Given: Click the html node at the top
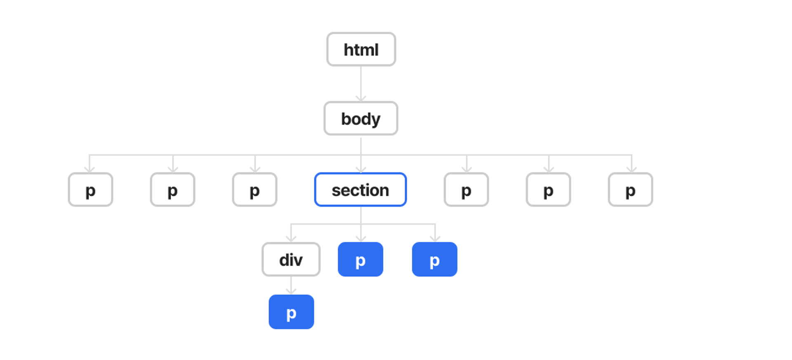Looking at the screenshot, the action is click(361, 49).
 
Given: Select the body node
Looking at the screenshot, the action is click(361, 118).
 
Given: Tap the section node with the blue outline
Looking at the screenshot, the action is click(361, 190).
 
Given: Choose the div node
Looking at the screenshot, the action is click(291, 259).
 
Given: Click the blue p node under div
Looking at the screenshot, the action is click(291, 312).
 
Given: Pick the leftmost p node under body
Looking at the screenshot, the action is click(90, 190).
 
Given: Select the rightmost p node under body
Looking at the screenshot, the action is click(630, 190).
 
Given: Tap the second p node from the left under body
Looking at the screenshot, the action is click(172, 190).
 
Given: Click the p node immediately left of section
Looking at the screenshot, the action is click(255, 190).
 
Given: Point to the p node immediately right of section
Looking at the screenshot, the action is click(466, 190).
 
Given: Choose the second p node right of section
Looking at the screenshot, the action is click(548, 190).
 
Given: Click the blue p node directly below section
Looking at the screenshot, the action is click(361, 259).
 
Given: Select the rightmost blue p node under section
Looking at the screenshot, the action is click(434, 259).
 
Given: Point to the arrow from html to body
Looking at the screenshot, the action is click(361, 84).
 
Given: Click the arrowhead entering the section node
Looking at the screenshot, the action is click(361, 169).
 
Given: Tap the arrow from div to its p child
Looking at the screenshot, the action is click(291, 285).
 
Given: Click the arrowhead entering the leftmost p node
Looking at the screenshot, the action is click(90, 169).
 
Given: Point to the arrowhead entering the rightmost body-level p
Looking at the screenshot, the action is click(632, 169).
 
